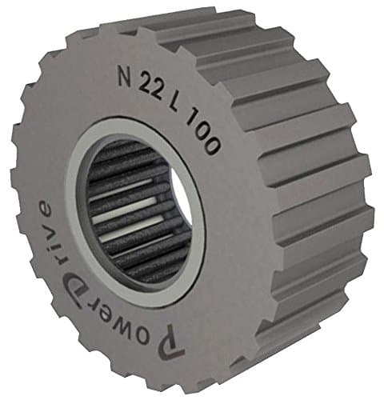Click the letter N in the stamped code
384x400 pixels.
click(x=125, y=78)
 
